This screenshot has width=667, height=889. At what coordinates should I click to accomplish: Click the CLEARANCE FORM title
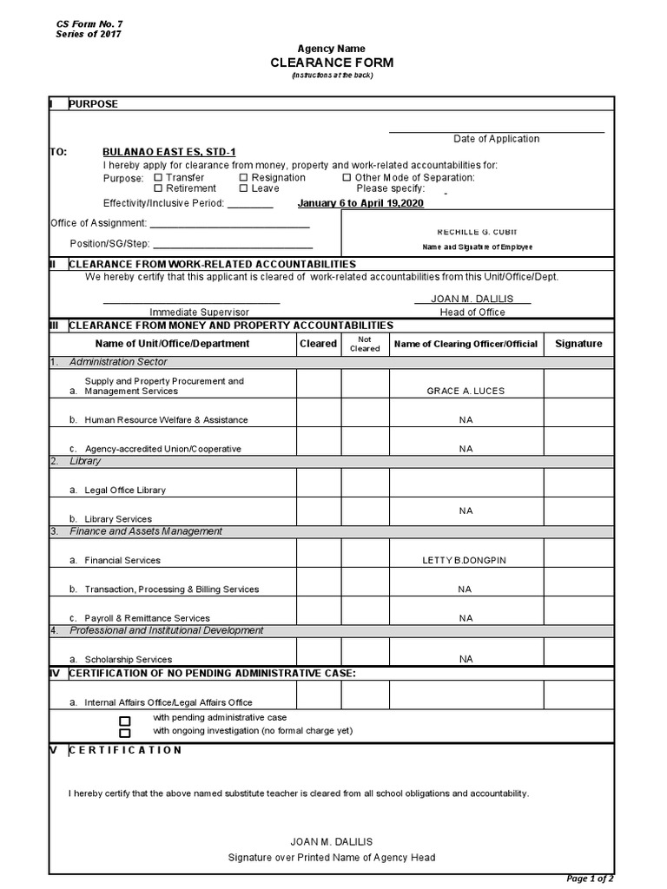332,63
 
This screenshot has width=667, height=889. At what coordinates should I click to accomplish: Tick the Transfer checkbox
158,178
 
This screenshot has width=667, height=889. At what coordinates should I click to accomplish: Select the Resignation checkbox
244,178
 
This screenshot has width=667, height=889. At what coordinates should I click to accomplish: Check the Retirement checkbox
158,188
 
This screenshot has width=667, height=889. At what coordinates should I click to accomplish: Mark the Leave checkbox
244,188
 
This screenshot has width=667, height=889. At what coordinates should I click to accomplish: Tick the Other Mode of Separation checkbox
347,178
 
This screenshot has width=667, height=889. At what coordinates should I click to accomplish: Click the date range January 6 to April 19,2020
360,203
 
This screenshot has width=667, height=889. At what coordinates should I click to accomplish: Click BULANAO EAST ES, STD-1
169,151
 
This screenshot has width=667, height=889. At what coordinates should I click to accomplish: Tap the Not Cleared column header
365,344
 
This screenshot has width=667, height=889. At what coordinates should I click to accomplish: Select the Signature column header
578,344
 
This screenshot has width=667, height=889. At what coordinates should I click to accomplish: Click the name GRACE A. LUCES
466,392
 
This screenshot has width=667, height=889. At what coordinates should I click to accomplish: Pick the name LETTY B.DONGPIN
464,561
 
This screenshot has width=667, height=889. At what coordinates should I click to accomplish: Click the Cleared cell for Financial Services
319,554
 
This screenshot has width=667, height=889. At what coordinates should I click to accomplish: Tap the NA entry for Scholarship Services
466,660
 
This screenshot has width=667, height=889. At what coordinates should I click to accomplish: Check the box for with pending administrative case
125,721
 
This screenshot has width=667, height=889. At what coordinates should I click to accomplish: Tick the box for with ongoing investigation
125,734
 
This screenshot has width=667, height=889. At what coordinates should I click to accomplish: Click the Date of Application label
496,139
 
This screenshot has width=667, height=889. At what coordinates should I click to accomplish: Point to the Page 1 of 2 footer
590,878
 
